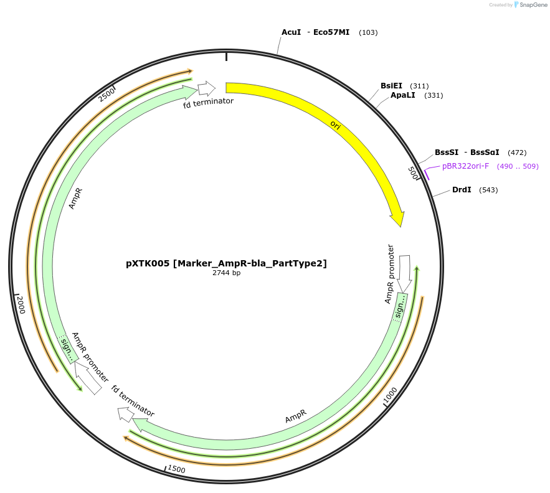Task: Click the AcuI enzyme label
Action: [291, 32]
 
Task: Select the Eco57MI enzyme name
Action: [331, 32]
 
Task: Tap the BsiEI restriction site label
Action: [391, 86]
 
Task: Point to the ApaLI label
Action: [402, 95]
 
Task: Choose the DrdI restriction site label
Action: [462, 190]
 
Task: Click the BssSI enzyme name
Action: [447, 153]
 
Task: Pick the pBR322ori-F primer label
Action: [465, 166]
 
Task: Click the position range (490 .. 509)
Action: [518, 166]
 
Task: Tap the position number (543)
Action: [488, 190]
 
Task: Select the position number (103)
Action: [368, 32]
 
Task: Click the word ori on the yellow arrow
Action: [335, 125]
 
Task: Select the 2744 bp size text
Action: [226, 273]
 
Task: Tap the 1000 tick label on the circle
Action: [390, 395]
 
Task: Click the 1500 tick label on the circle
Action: [176, 469]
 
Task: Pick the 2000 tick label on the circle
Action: [21, 304]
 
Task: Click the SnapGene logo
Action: [526, 5]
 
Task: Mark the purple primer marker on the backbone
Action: [427, 174]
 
